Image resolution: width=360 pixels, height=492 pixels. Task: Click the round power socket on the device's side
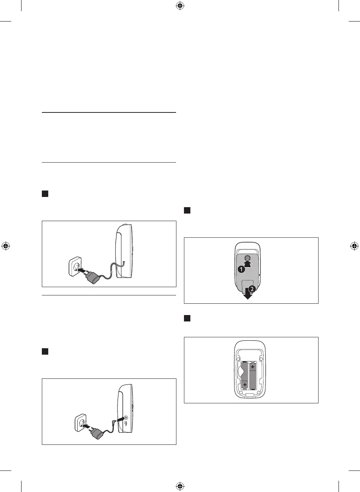click(126, 417)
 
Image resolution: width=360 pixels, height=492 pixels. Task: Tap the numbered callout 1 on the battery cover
click(241, 269)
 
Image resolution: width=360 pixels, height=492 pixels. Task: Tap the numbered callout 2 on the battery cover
click(252, 289)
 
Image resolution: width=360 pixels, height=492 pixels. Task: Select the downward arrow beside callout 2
click(248, 294)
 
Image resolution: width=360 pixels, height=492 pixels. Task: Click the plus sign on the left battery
click(245, 384)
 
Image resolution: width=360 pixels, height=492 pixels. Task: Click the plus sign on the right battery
click(253, 367)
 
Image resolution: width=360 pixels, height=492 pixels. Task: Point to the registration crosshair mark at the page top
click(180, 6)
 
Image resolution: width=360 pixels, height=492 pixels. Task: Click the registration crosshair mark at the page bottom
click(180, 486)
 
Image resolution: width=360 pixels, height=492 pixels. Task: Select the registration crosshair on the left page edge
click(6, 246)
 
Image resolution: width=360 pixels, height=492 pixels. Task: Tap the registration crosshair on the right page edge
click(354, 246)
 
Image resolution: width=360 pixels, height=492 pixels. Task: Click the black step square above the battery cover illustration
click(187, 210)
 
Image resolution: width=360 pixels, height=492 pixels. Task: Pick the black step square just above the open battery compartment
click(187, 318)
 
